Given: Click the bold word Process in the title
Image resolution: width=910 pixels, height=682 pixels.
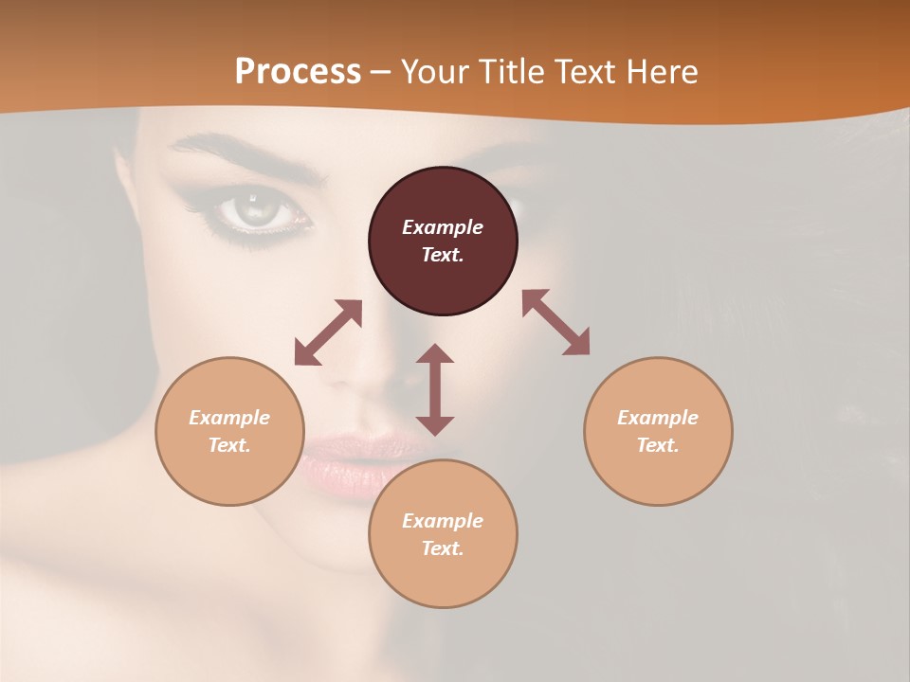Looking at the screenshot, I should tap(298, 72).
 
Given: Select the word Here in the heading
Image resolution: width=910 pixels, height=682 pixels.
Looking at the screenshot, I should tap(660, 72).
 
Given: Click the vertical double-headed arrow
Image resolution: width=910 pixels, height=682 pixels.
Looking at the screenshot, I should tap(435, 389).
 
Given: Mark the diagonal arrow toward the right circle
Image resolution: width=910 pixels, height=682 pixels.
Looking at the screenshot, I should tap(555, 322).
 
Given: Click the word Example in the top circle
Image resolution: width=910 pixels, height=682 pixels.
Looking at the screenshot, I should tap(443, 227).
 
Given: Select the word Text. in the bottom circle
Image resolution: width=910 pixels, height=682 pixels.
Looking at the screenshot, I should tap(443, 548).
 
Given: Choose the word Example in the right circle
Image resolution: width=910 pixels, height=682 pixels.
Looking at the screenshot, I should tap(658, 418).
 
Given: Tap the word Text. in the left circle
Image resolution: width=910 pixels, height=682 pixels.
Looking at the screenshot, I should tap(229, 445).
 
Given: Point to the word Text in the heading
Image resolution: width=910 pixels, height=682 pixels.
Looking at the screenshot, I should tap(584, 72).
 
